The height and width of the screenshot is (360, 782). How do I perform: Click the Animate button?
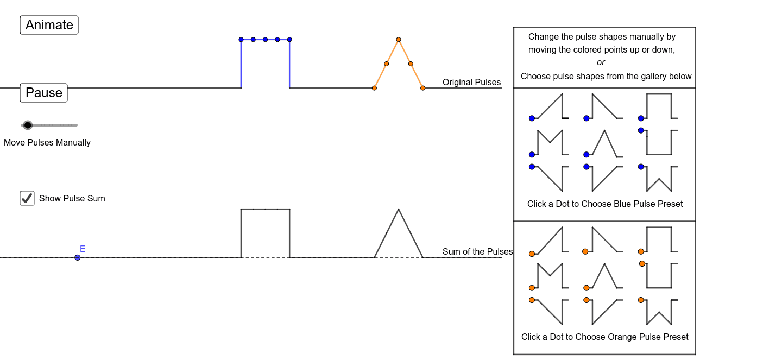49,25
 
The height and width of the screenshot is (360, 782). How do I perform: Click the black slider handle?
28,125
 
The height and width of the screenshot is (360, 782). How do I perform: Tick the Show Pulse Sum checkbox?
27,198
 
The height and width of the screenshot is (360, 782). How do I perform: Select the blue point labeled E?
78,257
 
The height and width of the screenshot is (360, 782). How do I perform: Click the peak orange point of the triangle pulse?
399,40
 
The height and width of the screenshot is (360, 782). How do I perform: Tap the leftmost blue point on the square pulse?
241,40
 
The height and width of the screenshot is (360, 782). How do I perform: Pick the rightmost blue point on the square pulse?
289,40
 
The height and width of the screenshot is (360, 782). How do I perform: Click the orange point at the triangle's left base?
374,88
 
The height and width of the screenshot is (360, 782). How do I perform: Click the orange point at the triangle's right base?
423,88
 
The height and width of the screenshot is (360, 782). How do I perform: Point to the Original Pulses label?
471,83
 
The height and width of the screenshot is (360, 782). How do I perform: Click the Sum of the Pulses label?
477,251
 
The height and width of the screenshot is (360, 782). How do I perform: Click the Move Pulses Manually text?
47,143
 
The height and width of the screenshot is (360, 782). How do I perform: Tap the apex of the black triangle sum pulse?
399,209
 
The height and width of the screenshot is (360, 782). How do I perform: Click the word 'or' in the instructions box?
601,62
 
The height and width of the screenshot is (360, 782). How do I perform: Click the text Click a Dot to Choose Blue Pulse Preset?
605,204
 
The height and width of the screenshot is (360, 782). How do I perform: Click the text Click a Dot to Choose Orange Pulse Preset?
605,337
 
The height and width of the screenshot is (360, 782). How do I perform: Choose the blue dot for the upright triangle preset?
586,155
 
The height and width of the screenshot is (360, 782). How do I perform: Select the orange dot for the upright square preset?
641,251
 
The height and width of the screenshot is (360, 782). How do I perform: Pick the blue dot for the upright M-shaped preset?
532,155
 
